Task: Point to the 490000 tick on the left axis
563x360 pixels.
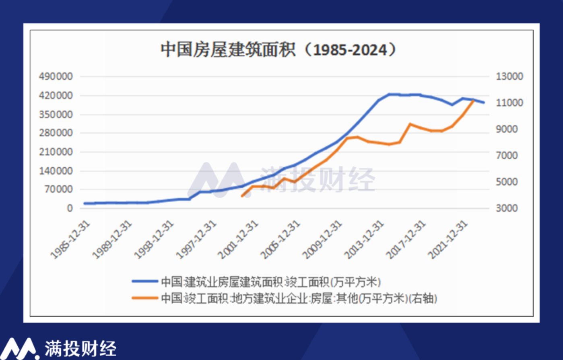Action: (56, 76)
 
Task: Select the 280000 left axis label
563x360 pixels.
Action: (56, 133)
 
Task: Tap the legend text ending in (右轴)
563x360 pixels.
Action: (299, 298)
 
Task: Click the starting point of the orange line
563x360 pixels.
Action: (242, 196)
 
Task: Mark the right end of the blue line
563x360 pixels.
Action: (484, 103)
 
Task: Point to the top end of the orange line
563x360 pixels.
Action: (473, 100)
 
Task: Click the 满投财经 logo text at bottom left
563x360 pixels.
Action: (80, 348)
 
